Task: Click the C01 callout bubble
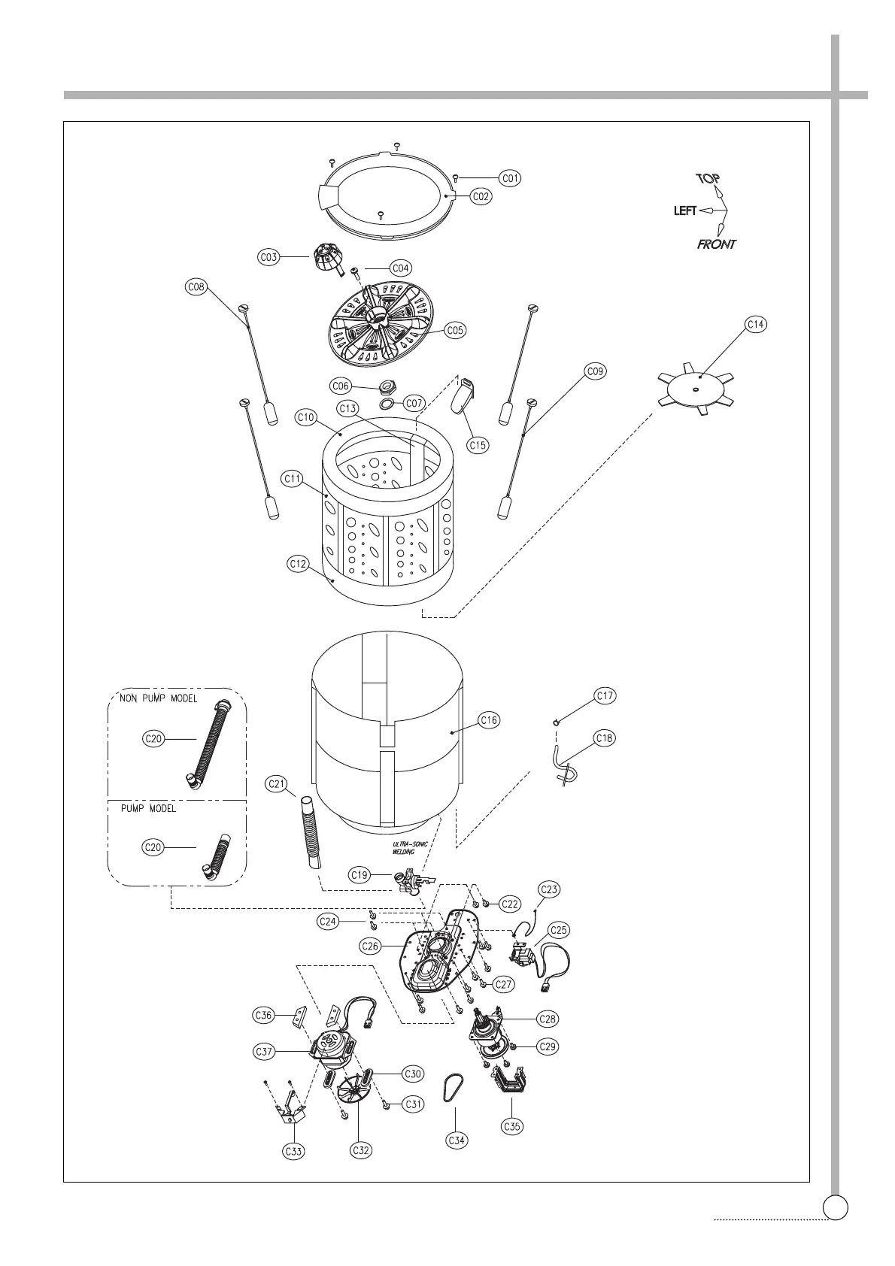click(511, 178)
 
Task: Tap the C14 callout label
click(756, 324)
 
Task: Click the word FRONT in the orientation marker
click(717, 244)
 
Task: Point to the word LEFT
click(685, 211)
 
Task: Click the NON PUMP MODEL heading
click(159, 698)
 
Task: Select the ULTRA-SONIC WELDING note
click(410, 848)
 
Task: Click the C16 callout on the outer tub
click(489, 720)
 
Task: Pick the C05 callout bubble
click(455, 330)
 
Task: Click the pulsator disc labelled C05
click(384, 326)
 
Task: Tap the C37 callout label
click(264, 1052)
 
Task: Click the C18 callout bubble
click(605, 738)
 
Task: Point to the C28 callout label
click(548, 1019)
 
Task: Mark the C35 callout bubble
click(511, 1126)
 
